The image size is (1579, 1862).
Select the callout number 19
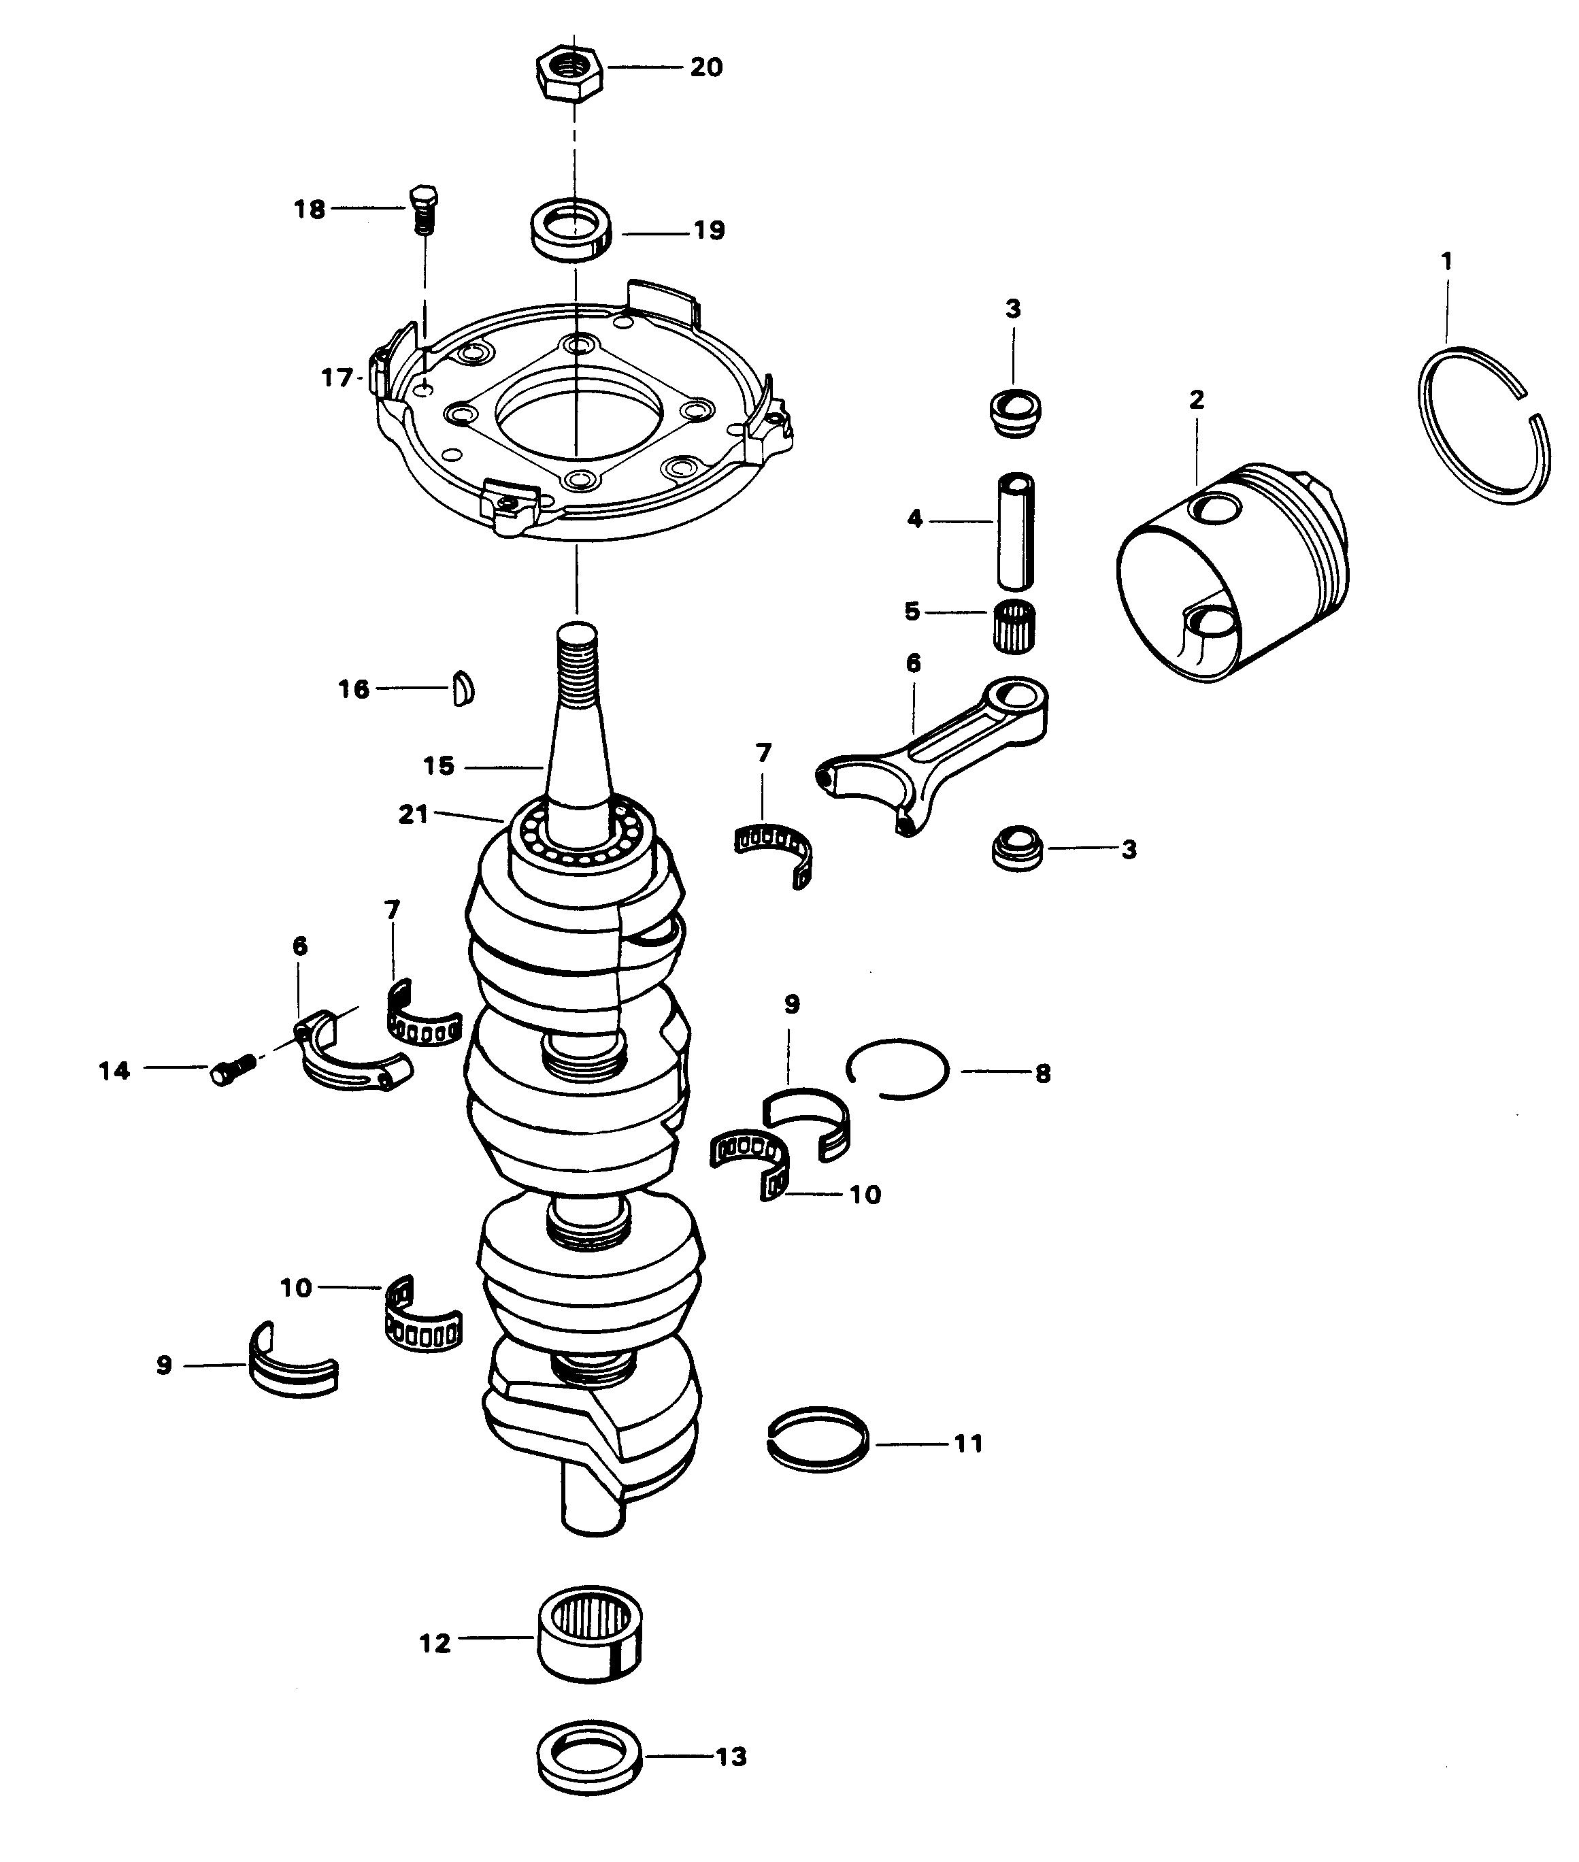pos(709,231)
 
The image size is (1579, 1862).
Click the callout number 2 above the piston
pos(1197,400)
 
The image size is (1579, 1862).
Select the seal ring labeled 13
pos(591,1758)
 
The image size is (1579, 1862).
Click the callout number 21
pos(414,816)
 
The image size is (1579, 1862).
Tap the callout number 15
pos(439,766)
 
